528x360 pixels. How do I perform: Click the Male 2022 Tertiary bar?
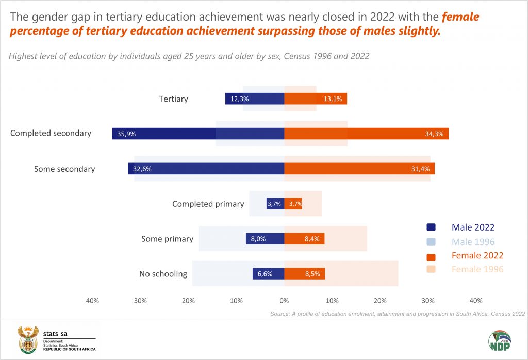pos(255,99)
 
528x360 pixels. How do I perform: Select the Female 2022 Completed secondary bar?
pos(366,134)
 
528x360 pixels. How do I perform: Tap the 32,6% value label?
pos(142,169)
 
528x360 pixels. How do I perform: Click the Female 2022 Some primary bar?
pos(304,239)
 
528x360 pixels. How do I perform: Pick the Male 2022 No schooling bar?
pos(268,274)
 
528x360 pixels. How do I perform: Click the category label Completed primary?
pos(208,204)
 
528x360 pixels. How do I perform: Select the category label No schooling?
pos(163,274)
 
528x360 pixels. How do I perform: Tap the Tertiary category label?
pos(173,99)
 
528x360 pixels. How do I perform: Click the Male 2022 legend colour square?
pos(432,227)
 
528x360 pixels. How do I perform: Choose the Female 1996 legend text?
pos(477,269)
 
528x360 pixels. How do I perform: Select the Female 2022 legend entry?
pos(477,255)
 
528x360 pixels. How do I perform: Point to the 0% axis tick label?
pos(284,301)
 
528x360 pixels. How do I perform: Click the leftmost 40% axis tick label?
pos(92,301)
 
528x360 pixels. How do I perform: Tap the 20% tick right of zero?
pos(380,301)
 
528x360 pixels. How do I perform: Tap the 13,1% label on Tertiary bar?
pos(333,99)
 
